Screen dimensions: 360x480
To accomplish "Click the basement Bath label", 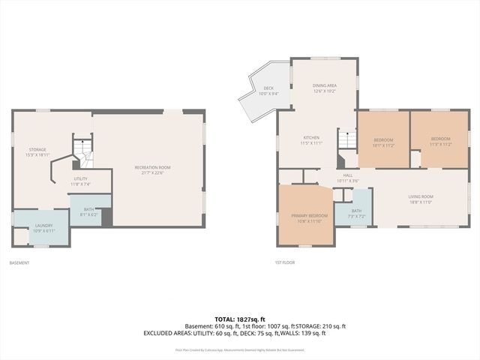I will tap(88, 211).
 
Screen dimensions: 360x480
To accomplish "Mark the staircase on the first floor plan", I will tap(346, 139).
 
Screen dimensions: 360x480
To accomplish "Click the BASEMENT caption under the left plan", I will tap(19, 262).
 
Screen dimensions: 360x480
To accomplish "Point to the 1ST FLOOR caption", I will tap(286, 262).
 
